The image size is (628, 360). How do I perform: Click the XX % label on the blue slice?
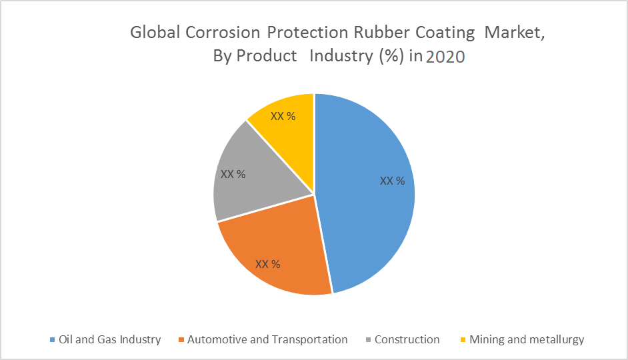click(x=392, y=181)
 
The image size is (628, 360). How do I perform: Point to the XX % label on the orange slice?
click(x=267, y=264)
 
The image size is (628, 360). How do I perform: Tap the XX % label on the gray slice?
click(x=233, y=174)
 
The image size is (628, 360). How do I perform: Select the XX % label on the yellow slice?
click(x=283, y=116)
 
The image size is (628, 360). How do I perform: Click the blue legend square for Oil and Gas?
click(x=53, y=340)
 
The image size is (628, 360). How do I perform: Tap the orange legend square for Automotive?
click(x=181, y=340)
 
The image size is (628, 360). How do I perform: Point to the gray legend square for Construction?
click(x=368, y=340)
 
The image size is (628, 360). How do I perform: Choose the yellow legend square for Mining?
click(x=463, y=340)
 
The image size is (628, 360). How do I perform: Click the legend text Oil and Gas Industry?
click(x=110, y=340)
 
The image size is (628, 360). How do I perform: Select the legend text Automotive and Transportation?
click(x=267, y=340)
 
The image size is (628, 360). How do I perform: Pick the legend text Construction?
click(x=407, y=340)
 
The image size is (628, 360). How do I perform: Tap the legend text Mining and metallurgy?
click(x=527, y=340)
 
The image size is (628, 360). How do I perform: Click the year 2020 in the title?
click(x=445, y=57)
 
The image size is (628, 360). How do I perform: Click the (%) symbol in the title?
click(x=390, y=56)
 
